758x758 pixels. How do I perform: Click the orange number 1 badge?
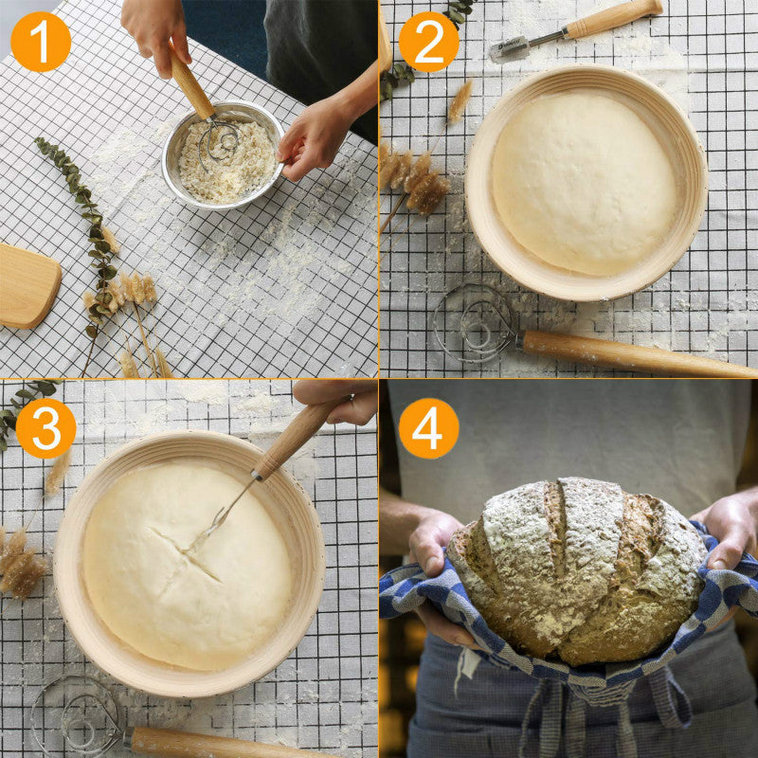(x=41, y=42)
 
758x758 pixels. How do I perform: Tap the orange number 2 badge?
(x=428, y=42)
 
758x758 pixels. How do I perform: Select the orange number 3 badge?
(x=45, y=428)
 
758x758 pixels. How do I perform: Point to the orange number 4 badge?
(x=428, y=428)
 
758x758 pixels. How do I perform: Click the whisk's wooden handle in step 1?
(x=191, y=85)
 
